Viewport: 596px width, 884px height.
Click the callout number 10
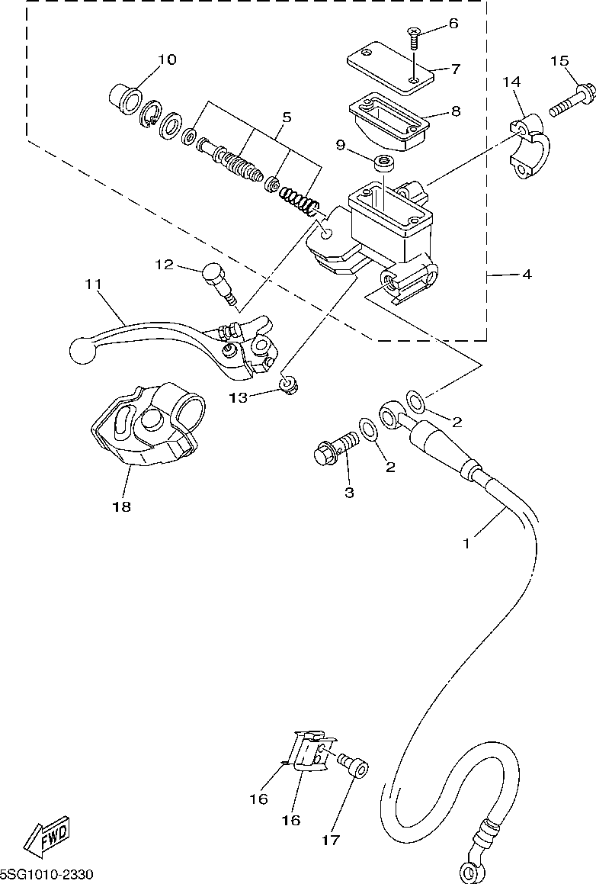tap(167, 59)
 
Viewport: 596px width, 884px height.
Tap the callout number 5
tap(287, 117)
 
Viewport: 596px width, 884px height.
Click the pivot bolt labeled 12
tap(219, 284)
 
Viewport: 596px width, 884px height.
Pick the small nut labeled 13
tap(290, 386)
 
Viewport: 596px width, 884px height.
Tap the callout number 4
tap(527, 275)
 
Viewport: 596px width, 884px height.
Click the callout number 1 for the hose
tap(466, 544)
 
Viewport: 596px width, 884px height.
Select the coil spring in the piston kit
tap(300, 203)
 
